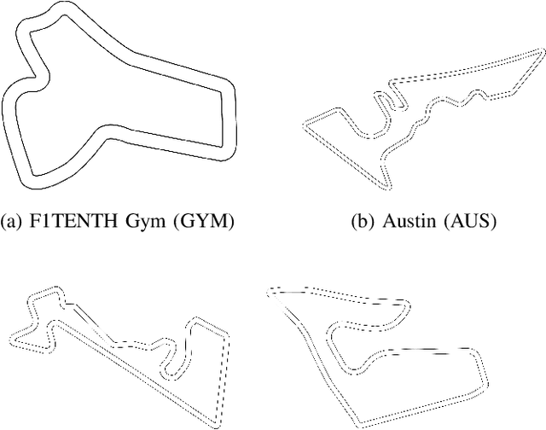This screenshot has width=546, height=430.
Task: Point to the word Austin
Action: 405,223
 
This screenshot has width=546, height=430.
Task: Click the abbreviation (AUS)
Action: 469,223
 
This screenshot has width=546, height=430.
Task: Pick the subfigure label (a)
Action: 19,223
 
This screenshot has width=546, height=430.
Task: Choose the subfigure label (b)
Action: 361,223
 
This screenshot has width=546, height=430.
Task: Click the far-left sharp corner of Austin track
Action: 305,127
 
